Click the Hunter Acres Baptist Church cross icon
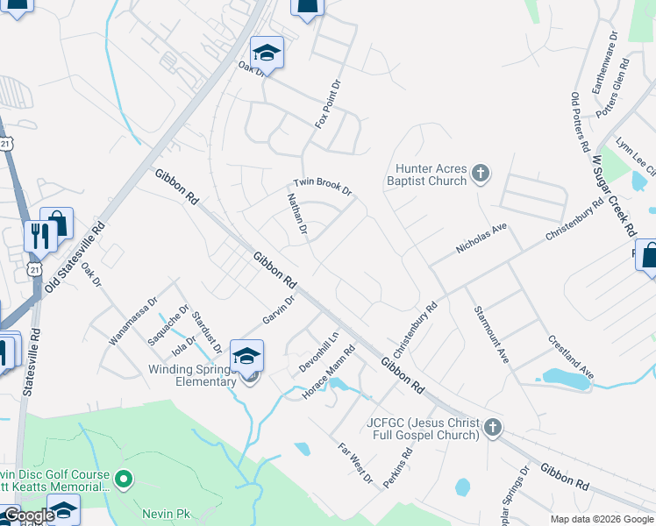tap(480, 173)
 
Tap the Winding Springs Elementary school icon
tap(247, 356)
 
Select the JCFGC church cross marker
tap(493, 428)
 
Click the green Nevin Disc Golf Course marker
tap(124, 479)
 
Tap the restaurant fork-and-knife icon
tap(40, 234)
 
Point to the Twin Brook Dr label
tap(322, 185)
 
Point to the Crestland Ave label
tap(571, 356)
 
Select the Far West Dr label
tap(356, 464)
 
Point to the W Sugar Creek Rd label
tap(613, 197)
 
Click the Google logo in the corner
tap(28, 515)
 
